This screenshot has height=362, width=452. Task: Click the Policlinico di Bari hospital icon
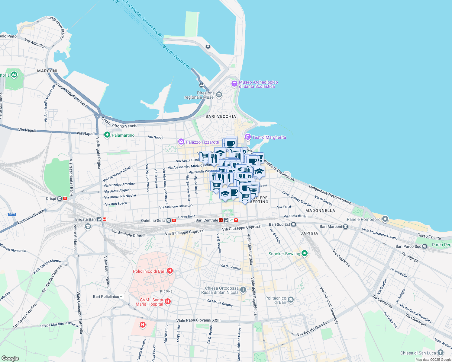(x=170, y=271)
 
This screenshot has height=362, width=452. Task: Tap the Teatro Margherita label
(x=269, y=138)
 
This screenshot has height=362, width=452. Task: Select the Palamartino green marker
(x=107, y=135)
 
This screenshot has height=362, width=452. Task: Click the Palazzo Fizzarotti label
(x=202, y=142)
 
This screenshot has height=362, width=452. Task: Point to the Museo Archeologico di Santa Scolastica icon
(x=234, y=84)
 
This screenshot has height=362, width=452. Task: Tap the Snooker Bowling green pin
(x=305, y=253)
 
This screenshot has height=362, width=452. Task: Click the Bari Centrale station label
(x=207, y=220)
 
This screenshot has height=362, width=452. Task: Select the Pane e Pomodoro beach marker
(x=385, y=219)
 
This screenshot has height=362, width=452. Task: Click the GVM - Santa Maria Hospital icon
(x=168, y=301)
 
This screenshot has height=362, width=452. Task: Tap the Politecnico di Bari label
(x=276, y=300)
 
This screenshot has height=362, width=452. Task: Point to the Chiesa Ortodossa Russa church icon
(x=243, y=290)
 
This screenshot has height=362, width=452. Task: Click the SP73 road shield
(x=12, y=214)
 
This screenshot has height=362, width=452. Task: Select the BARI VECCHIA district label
(x=221, y=116)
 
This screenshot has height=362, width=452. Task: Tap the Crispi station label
(x=51, y=198)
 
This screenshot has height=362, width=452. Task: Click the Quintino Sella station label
(x=153, y=221)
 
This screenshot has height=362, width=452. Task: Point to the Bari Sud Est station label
(x=279, y=224)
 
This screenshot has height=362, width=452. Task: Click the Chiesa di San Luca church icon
(x=441, y=353)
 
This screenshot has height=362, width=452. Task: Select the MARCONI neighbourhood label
(x=47, y=71)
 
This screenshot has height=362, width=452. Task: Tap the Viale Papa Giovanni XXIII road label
(x=198, y=320)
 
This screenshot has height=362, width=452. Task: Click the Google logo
(x=10, y=358)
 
